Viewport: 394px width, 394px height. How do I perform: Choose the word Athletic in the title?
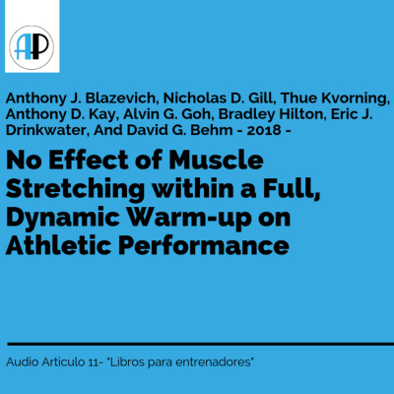(x=56, y=242)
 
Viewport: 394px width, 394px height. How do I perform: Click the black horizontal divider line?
(x=197, y=344)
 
